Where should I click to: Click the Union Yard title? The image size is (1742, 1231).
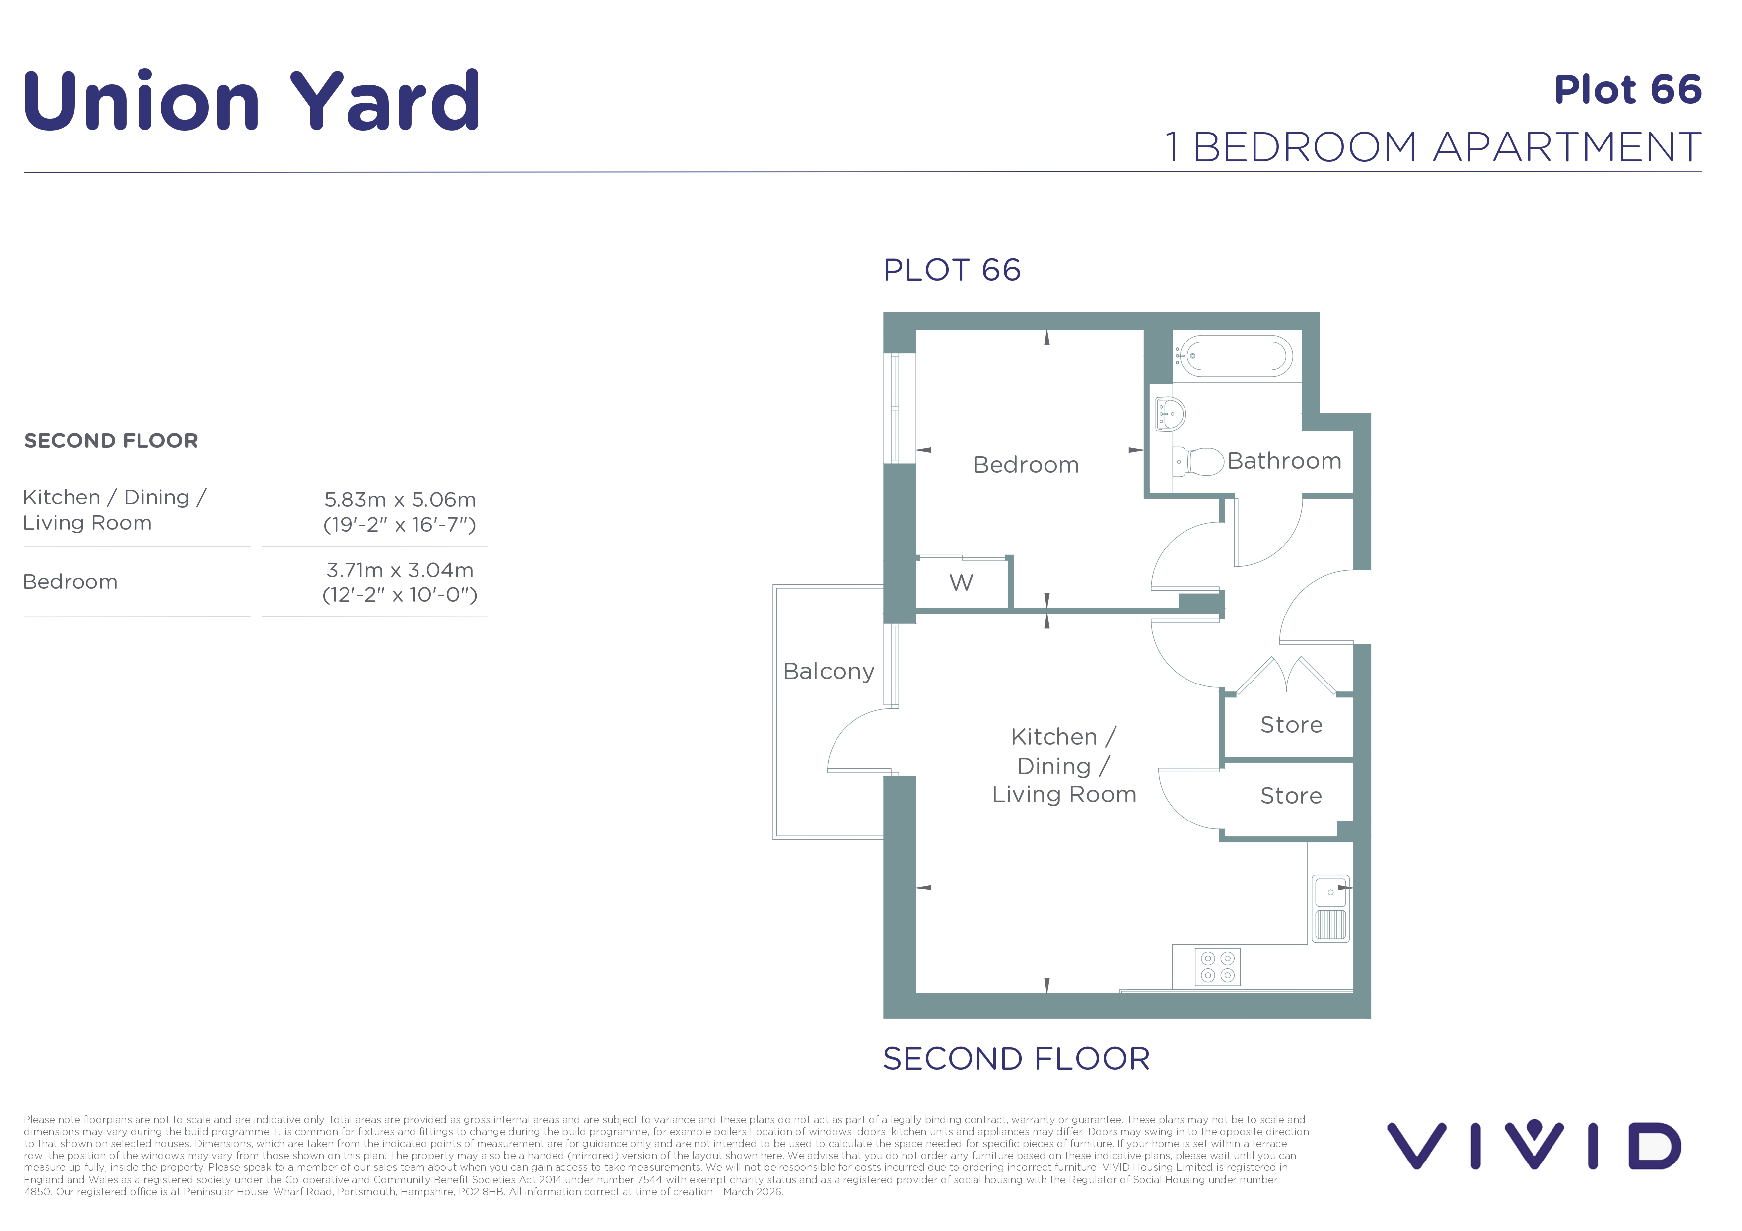tap(251, 100)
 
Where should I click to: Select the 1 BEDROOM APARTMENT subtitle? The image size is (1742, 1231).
tap(1433, 146)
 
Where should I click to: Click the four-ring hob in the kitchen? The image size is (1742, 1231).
tap(1218, 967)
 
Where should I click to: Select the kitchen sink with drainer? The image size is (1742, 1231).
tap(1331, 908)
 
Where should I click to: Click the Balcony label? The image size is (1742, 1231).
tap(829, 671)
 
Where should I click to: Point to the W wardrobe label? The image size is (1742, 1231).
tap(961, 583)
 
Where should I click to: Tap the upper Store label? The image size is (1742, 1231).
tap(1291, 725)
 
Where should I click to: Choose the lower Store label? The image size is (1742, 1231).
tap(1291, 796)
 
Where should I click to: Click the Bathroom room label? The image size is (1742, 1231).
tap(1284, 461)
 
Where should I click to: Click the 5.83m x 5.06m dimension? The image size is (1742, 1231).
tap(400, 500)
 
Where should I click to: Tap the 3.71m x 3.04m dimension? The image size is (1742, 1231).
tap(400, 570)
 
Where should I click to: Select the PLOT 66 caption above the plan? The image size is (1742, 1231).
tap(952, 270)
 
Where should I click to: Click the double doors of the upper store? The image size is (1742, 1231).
tap(1286, 675)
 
